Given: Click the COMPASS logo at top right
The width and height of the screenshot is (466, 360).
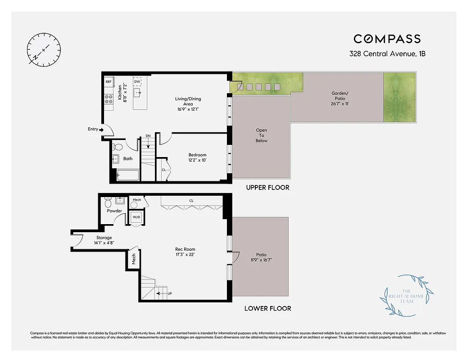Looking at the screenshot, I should point(387,39).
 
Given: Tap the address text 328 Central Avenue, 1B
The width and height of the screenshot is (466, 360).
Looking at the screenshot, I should point(387,54).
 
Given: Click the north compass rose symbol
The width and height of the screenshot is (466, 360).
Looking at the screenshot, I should point(44,49).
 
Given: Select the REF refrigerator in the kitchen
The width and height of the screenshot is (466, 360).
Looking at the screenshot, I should point(109,82).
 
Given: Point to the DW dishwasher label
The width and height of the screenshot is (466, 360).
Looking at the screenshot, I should point(137,81).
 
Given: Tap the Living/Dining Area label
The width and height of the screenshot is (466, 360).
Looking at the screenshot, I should point(188,101).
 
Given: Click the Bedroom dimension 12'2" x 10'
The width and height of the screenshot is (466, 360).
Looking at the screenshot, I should point(197,160).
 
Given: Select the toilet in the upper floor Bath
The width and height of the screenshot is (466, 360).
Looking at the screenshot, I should point(118,147).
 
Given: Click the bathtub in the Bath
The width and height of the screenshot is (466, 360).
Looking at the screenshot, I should point(127,175).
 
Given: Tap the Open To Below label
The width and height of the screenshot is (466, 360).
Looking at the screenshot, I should point(261,135).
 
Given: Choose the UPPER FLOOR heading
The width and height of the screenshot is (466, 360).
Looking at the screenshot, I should point(267,187).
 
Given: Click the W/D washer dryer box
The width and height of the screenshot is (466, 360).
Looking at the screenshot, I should point(136,218).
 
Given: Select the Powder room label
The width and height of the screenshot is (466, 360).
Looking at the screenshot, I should point(114,211).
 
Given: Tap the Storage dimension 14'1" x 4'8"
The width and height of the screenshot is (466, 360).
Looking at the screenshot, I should point(104,243).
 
